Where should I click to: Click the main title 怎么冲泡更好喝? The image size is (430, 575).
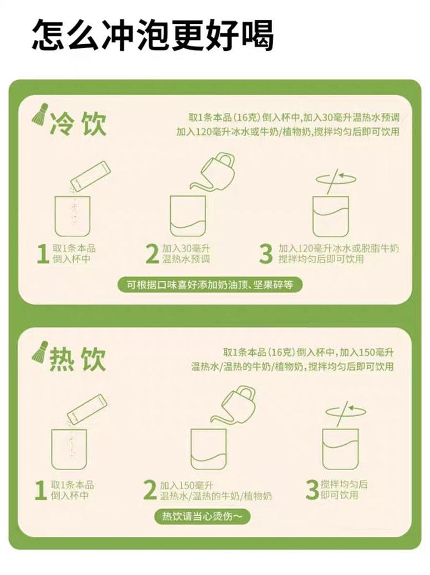click(152, 35)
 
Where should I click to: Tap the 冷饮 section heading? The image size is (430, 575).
click(78, 124)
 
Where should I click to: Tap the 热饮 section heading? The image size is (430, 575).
click(78, 360)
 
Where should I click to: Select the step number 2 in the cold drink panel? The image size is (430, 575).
click(151, 254)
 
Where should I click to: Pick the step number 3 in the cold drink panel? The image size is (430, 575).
click(266, 254)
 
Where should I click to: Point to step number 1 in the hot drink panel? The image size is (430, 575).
click(40, 490)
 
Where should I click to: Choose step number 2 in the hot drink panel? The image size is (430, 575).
click(150, 490)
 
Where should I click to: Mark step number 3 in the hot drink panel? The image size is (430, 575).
click(312, 490)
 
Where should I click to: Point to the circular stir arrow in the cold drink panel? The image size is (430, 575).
click(332, 178)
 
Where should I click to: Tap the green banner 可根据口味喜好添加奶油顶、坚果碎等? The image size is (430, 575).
click(212, 285)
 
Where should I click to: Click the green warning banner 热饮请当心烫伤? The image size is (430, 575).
click(202, 517)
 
